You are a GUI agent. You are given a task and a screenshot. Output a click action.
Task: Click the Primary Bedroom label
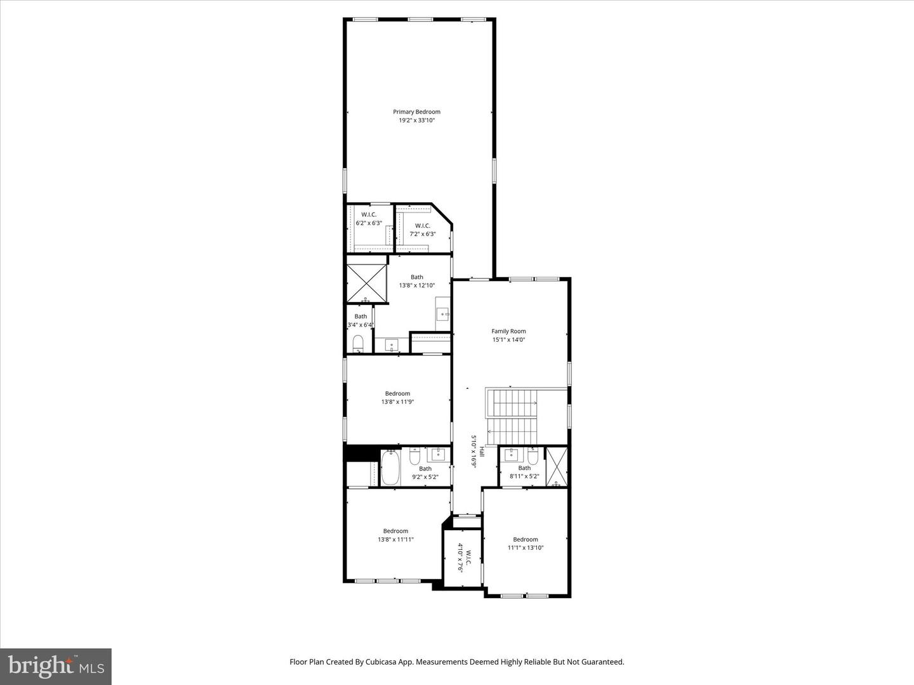pos(416,112)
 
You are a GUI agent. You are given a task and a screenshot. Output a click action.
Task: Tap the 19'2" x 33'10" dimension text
pos(416,120)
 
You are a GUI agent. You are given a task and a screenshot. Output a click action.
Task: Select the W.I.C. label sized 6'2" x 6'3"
pos(369,214)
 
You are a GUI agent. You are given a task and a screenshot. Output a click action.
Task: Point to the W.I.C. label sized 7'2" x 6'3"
pos(422,226)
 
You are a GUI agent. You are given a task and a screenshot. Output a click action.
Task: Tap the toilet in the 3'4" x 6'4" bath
pos(358,344)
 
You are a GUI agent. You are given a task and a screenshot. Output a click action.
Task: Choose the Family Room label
pos(508,331)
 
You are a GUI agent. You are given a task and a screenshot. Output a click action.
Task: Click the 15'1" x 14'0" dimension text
pos(508,339)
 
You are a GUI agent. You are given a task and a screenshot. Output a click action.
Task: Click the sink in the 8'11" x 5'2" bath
pos(511,455)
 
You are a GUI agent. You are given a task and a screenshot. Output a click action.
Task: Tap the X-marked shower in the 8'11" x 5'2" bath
pos(557,466)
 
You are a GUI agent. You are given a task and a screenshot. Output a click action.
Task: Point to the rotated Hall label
pos(482,451)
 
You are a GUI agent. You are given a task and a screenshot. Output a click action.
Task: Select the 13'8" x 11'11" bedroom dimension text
pos(395,540)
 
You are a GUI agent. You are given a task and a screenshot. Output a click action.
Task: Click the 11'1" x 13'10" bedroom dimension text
pos(526,548)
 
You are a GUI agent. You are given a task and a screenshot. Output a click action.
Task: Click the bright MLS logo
pos(56,666)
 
